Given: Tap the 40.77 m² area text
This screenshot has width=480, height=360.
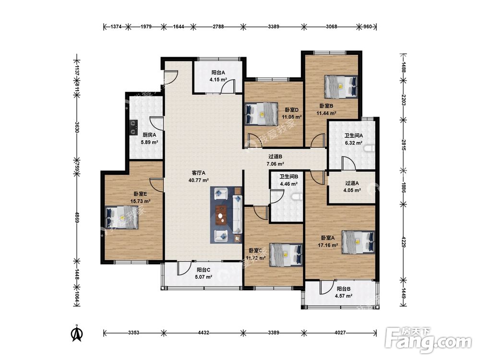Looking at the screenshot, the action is [199, 180].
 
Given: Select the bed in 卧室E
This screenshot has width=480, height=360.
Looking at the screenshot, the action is [122, 217].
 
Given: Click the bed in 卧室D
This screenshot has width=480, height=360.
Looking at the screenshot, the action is [262, 114].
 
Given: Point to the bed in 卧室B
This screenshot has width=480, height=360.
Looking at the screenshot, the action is [341, 86].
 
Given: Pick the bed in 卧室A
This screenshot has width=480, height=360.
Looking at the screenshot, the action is [358, 242].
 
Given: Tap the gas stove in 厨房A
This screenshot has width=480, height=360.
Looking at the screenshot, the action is [133, 127].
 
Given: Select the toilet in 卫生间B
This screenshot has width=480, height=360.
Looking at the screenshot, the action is [297, 197].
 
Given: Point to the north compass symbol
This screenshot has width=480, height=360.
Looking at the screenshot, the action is [77, 333].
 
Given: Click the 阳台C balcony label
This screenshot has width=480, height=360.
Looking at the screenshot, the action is [203, 270].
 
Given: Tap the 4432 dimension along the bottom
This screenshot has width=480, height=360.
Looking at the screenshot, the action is [203, 333].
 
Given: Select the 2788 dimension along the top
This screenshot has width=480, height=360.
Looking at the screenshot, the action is [218, 26].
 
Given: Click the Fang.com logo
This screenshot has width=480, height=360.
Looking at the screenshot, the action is [428, 340].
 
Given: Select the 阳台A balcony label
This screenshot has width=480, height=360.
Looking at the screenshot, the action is [218, 72].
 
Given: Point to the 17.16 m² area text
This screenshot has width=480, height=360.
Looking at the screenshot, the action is [327, 245].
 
